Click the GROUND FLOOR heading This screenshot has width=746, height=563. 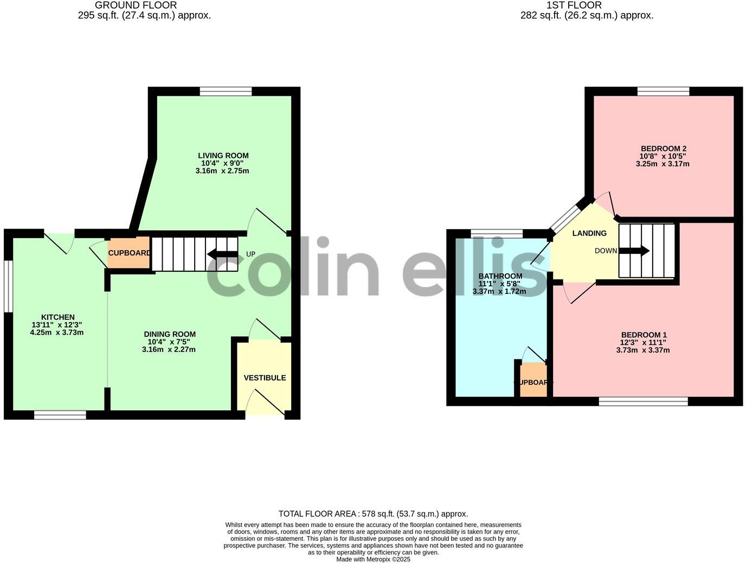pyautogui.click(x=136, y=5)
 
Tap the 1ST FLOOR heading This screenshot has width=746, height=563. pyautogui.click(x=574, y=5)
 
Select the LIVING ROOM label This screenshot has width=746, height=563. pyautogui.click(x=223, y=156)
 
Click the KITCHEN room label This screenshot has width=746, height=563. pyautogui.click(x=57, y=317)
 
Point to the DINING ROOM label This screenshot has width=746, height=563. pyautogui.click(x=169, y=335)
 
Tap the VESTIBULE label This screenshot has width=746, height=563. pyautogui.click(x=265, y=378)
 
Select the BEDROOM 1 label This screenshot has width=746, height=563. pyautogui.click(x=644, y=335)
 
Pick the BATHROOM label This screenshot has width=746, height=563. pyautogui.click(x=500, y=276)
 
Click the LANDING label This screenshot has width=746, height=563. pyautogui.click(x=589, y=233)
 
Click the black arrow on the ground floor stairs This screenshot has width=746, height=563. pyautogui.click(x=222, y=254)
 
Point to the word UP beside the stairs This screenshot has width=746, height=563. pyautogui.click(x=250, y=254)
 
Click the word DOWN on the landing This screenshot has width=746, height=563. pyautogui.click(x=606, y=251)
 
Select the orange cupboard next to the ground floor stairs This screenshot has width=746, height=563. pyautogui.click(x=129, y=253)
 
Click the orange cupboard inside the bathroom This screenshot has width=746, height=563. pyautogui.click(x=533, y=381)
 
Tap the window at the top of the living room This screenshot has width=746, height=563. pyautogui.click(x=226, y=91)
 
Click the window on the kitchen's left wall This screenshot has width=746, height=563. pyautogui.click(x=8, y=287)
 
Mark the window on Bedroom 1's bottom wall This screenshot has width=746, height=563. pyautogui.click(x=643, y=401)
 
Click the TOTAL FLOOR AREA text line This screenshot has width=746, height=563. pyautogui.click(x=373, y=514)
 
